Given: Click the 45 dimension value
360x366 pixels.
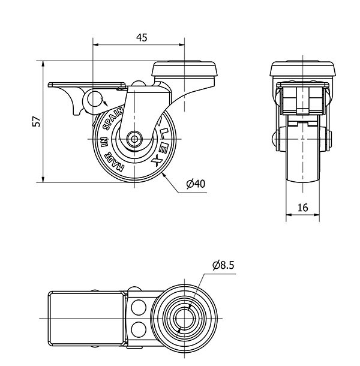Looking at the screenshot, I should tap(142, 37).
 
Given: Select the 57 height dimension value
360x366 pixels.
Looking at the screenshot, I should tap(37, 121).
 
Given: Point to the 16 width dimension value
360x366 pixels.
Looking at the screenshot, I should tap(302, 208).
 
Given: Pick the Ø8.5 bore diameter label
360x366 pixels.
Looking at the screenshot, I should tap(223, 263).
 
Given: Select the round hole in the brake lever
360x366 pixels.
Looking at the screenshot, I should tap(95, 99).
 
